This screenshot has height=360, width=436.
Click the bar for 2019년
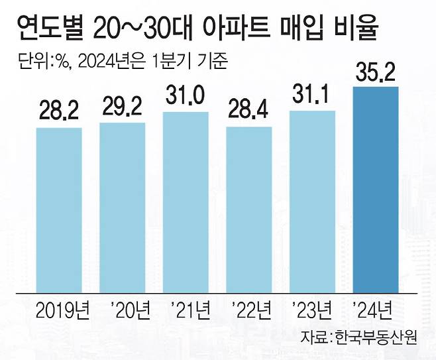pyautogui.click(x=59, y=209)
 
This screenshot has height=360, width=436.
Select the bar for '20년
pyautogui.click(x=123, y=206)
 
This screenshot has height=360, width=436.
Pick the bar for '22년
pyautogui.click(x=249, y=208)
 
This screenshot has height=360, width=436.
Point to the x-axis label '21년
pyautogui.click(x=186, y=309)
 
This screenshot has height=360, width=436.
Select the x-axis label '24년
pyautogui.click(x=376, y=309)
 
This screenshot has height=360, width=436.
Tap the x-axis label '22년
pyautogui.click(x=249, y=309)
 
